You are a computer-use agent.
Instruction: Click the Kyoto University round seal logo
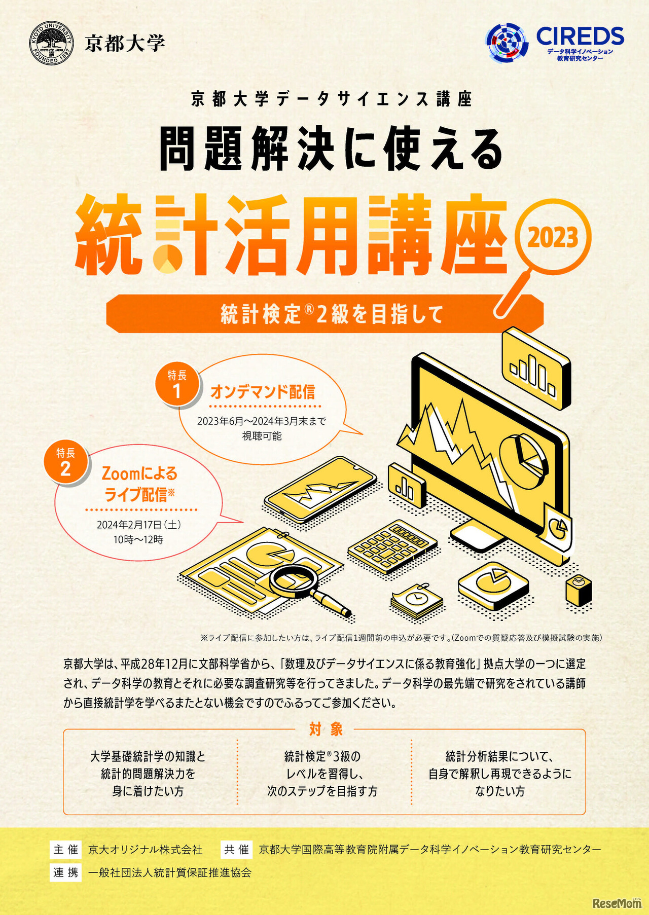coord(52,43)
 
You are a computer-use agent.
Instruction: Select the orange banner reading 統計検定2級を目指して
coord(324,314)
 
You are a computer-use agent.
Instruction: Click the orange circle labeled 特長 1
coord(177,384)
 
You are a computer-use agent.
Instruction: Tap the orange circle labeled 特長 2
coord(65,461)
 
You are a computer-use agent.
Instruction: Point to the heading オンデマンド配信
coord(263,392)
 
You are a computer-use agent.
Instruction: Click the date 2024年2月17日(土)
coord(138,525)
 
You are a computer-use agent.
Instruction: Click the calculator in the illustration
coord(392,546)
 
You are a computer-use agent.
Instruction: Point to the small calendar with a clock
coord(416,601)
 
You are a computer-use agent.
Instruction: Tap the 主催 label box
coord(66,849)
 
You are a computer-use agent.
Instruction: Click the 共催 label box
coord(237,849)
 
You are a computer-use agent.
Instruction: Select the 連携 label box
coord(66,872)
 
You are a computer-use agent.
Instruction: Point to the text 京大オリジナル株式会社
coord(145,850)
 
